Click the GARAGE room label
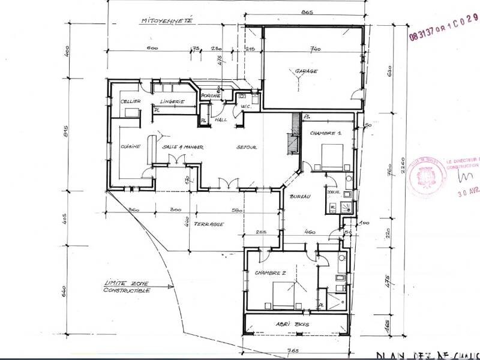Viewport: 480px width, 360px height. click(307, 71)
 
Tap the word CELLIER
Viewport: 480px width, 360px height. click(130, 101)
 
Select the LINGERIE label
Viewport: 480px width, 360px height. click(172, 101)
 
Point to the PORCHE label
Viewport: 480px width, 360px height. click(211, 96)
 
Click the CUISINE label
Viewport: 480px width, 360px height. click(130, 146)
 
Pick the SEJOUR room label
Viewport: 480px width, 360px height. click(247, 146)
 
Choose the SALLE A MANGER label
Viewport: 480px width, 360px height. click(183, 146)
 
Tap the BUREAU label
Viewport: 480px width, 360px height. click(299, 197)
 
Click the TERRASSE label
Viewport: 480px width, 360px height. click(209, 224)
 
